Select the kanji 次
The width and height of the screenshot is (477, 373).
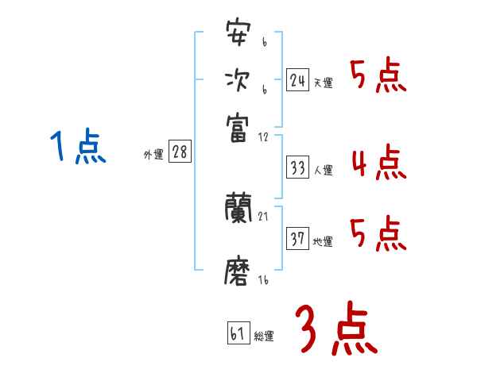pyautogui.click(x=238, y=82)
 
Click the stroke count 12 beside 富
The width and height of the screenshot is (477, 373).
pyautogui.click(x=263, y=138)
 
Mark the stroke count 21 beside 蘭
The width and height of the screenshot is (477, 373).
pyautogui.click(x=263, y=217)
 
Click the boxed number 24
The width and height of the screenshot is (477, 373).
pyautogui.click(x=297, y=80)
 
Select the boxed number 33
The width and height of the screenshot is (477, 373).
pyautogui.click(x=298, y=168)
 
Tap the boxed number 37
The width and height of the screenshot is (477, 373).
pyautogui.click(x=298, y=239)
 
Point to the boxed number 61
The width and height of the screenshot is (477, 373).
pyautogui.click(x=238, y=333)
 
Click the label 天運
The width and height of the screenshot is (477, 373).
pyautogui.click(x=324, y=83)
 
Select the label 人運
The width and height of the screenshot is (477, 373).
pyautogui.click(x=324, y=171)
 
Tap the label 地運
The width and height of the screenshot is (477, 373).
pyautogui.click(x=324, y=241)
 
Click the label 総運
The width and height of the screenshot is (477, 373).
pyautogui.click(x=264, y=336)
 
